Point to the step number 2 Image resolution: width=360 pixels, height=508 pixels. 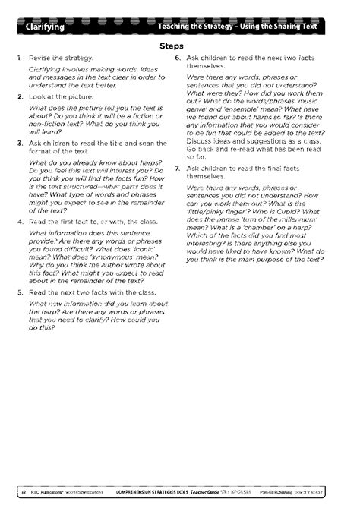(x=18, y=97)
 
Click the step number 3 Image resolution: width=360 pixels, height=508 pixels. (x=18, y=144)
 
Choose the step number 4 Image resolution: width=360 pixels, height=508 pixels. (x=18, y=221)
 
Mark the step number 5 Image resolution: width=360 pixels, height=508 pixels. (x=18, y=291)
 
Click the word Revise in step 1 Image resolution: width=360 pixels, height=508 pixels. (x=39, y=58)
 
